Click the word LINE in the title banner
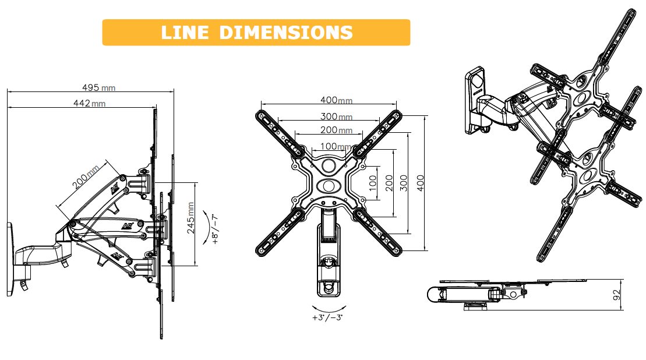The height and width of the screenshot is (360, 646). point(185,33)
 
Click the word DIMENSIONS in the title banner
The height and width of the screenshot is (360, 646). point(286,33)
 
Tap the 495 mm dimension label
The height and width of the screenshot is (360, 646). point(99,87)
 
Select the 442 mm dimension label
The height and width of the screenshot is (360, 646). point(89,103)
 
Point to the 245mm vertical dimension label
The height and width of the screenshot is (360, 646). point(190,218)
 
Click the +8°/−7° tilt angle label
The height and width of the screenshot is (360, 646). point(215,230)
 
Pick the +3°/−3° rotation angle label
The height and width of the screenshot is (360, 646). point(327,317)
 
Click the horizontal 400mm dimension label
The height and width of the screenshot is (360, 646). point(337,100)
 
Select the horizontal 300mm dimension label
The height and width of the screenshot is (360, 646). point(337,117)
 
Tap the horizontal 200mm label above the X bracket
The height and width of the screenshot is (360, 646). point(337,130)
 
